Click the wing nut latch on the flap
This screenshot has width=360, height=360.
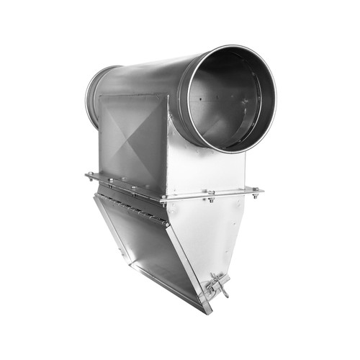215,287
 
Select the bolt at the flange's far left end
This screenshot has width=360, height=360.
90,176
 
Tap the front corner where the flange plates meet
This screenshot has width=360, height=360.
164,199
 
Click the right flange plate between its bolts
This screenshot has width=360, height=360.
230,193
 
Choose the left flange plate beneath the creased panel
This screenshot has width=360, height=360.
126,187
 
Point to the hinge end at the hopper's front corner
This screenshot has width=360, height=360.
167,225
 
